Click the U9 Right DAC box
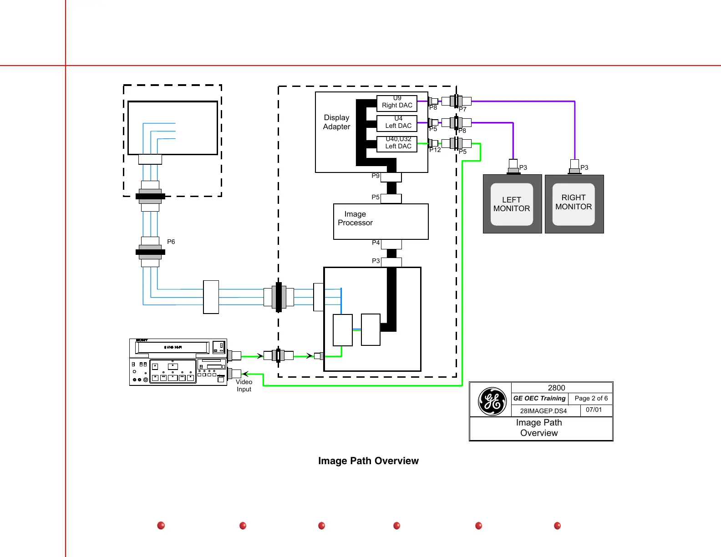click(397, 103)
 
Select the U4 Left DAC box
click(397, 123)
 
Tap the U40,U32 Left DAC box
click(397, 144)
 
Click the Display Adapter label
click(337, 122)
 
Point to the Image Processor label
click(355, 218)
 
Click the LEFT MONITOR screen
click(512, 204)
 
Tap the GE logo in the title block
click(492, 401)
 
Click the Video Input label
click(244, 385)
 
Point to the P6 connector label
click(171, 242)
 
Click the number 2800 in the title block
click(556, 388)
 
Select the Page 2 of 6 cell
click(591, 398)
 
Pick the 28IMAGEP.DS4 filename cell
click(543, 411)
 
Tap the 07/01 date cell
click(594, 410)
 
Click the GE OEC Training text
click(539, 398)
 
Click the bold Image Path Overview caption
click(368, 461)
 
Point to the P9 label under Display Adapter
click(376, 176)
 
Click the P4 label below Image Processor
click(376, 243)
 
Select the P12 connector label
click(435, 150)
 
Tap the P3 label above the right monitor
click(584, 167)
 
